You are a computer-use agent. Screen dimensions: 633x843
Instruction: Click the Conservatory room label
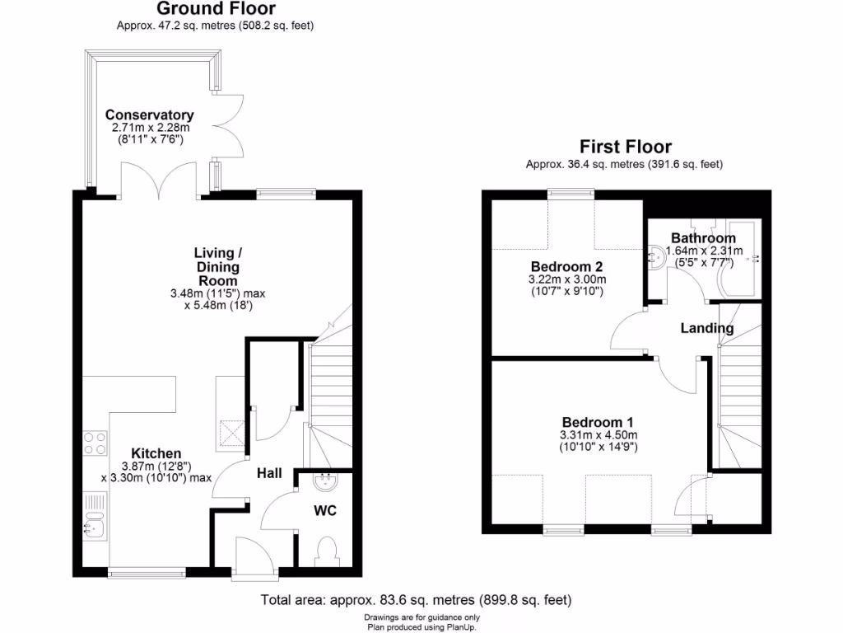(149, 115)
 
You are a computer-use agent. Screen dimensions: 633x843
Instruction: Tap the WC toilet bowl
(326, 549)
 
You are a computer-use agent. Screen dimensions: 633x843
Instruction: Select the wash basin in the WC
(328, 481)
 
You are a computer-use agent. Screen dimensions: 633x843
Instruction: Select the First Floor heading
(625, 147)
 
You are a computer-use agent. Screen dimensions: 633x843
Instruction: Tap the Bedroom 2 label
(566, 267)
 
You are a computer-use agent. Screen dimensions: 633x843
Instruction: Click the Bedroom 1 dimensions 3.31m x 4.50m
(599, 434)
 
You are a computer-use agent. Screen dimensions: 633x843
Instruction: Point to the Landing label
(706, 328)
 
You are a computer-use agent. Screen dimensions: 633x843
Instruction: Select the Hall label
(269, 473)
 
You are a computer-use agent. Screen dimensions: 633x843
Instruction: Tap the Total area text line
(416, 600)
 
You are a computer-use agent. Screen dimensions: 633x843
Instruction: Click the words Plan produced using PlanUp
(421, 626)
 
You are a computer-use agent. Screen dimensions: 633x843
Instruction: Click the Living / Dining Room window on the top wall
(286, 194)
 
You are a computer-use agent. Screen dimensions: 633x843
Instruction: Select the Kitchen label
(156, 453)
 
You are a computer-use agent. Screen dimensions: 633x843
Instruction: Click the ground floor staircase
(329, 387)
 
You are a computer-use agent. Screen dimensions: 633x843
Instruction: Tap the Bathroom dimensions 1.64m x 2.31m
(704, 251)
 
